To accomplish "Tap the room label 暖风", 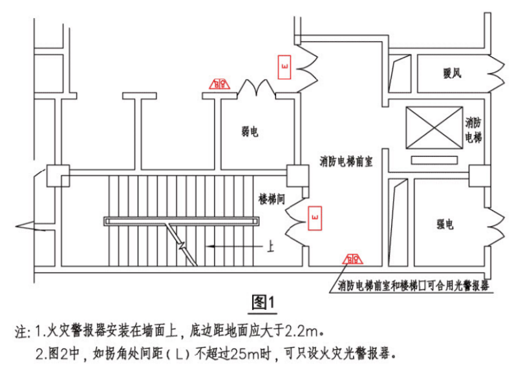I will pyautogui.click(x=452, y=74).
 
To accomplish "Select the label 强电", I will pyautogui.click(x=444, y=225).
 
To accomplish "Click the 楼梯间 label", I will pyautogui.click(x=272, y=198).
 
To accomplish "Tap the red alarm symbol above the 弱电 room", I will pyautogui.click(x=220, y=84).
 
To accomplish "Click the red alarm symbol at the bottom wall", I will pyautogui.click(x=352, y=260).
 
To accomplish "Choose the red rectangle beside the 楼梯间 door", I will pyautogui.click(x=315, y=219).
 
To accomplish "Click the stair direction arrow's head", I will pyautogui.click(x=208, y=247).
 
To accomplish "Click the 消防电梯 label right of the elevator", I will pyautogui.click(x=473, y=129).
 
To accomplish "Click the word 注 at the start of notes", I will pyautogui.click(x=21, y=333).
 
